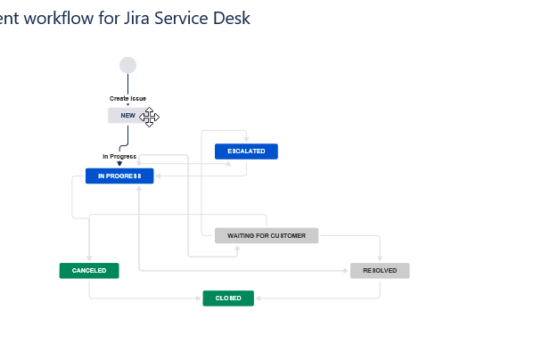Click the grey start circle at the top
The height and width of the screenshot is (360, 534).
(x=127, y=65)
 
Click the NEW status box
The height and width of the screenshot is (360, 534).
(x=127, y=116)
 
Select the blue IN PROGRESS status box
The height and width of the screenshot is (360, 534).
(x=119, y=176)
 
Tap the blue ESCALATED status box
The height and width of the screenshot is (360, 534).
(x=246, y=151)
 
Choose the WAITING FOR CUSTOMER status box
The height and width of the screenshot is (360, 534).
(x=266, y=236)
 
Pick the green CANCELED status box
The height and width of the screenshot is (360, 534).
(x=89, y=271)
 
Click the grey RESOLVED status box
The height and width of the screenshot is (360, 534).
(x=380, y=271)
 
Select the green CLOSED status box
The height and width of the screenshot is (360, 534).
(x=228, y=299)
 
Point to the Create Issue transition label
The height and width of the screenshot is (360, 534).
(x=127, y=98)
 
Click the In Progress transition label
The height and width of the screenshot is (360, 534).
(x=119, y=157)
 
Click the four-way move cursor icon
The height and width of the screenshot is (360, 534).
(x=149, y=117)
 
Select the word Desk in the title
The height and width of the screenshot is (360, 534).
(x=231, y=18)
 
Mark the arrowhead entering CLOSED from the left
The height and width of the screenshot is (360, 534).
(x=200, y=299)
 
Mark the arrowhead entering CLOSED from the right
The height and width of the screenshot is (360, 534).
(x=258, y=299)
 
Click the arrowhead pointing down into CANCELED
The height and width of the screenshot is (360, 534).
(x=89, y=260)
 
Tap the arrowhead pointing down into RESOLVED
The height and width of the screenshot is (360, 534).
(x=380, y=260)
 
